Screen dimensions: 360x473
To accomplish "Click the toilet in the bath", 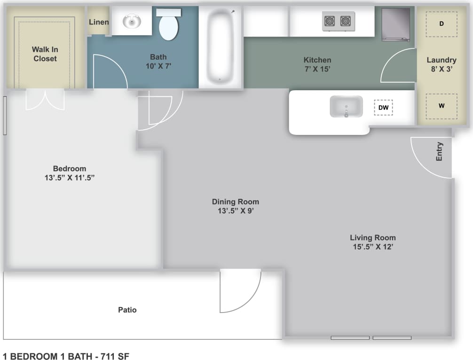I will (x=169, y=26).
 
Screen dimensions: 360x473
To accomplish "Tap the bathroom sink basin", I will (x=132, y=21).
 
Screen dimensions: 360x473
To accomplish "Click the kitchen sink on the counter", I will (x=346, y=107).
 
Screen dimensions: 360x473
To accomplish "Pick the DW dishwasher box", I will (x=383, y=108).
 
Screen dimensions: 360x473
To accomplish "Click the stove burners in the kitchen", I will (x=339, y=21).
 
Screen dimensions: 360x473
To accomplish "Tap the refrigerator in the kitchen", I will (x=395, y=24).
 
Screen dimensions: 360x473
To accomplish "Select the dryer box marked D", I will (x=441, y=23).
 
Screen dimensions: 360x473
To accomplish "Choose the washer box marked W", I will (x=441, y=106).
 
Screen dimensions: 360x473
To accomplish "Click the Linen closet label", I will (x=99, y=22).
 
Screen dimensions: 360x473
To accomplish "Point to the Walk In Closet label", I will (x=45, y=54).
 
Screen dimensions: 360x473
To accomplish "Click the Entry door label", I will (x=439, y=152).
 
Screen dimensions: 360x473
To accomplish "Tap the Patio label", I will (x=127, y=310).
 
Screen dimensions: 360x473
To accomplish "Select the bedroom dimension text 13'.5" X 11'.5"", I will (x=70, y=178).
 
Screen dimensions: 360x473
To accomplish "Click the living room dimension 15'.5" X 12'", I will (x=372, y=246).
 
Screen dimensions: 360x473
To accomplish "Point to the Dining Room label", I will (x=235, y=202).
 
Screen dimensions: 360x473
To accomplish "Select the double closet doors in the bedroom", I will (x=45, y=100).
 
